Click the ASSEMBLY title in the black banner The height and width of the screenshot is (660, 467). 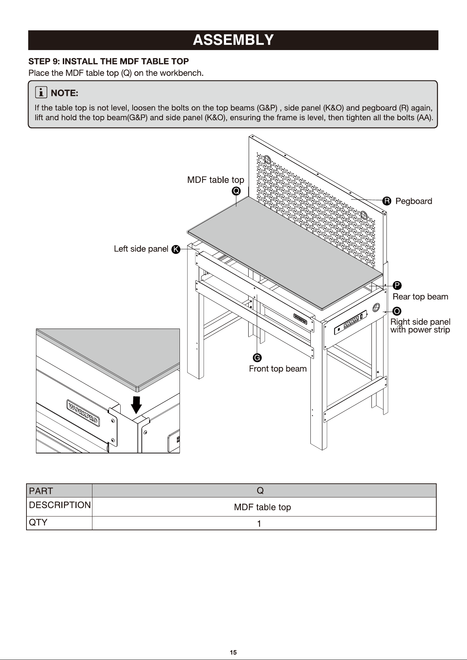(x=233, y=40)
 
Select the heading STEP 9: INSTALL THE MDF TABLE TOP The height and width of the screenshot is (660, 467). (x=109, y=61)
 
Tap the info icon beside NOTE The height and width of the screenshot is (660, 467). (x=41, y=92)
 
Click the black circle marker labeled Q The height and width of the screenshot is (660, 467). (x=236, y=191)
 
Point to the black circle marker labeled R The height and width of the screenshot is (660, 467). (x=387, y=201)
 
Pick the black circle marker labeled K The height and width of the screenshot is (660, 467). (x=176, y=250)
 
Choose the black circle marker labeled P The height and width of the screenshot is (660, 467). (x=397, y=285)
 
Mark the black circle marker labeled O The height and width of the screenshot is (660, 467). (x=397, y=311)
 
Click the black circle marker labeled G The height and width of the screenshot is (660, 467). (x=257, y=358)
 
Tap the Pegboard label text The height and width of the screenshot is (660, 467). (x=414, y=201)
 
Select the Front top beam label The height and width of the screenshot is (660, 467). (x=278, y=369)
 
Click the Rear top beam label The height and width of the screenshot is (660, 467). (x=420, y=297)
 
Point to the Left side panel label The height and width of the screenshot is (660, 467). (x=141, y=249)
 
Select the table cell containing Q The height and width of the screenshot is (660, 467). (x=264, y=490)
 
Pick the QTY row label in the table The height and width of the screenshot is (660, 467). (x=38, y=522)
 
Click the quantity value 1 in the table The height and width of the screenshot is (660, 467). (x=259, y=524)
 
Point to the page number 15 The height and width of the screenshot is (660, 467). (x=233, y=653)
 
